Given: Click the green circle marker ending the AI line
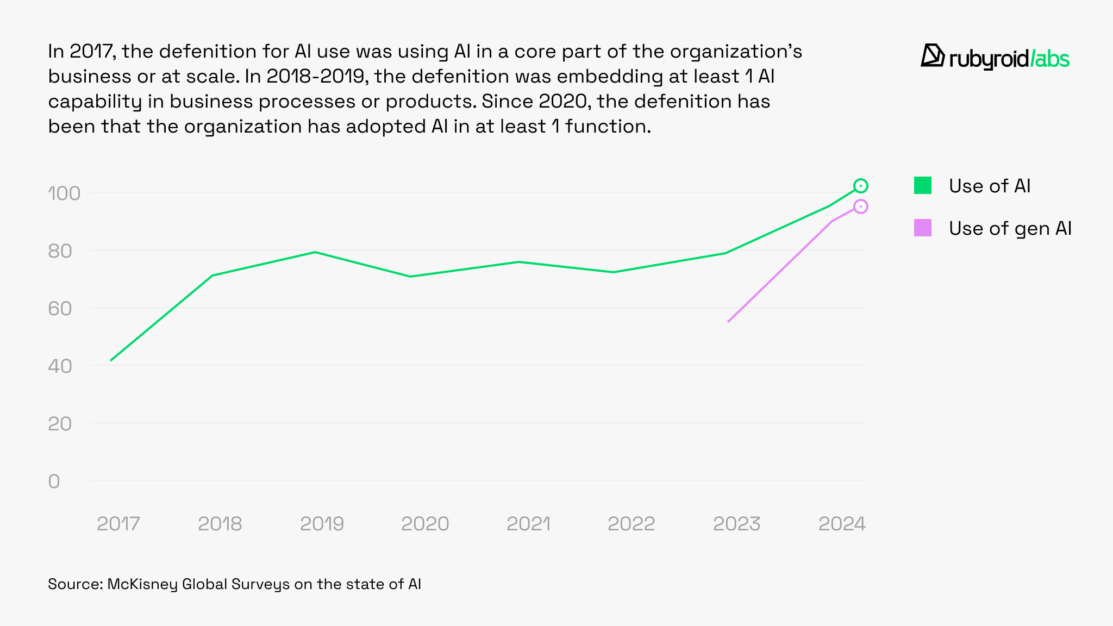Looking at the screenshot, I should point(860,186).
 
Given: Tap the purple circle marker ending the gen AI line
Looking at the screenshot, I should point(860,206).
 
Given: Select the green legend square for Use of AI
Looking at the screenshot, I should point(922,186).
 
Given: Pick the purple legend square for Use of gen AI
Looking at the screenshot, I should point(922,228).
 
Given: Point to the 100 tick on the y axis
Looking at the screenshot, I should point(64,193).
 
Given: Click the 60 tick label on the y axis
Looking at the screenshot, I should point(60,309).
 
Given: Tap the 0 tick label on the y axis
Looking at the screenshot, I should point(54,481).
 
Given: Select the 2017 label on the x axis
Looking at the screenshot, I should point(118,524).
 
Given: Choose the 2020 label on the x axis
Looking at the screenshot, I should point(425,524).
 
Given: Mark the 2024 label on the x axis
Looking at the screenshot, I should point(842,524).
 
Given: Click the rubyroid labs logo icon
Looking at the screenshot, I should point(933,56).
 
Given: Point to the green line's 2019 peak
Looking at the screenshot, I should point(315,252).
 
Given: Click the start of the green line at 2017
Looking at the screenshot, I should point(111,360).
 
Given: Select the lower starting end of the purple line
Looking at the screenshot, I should point(728,322).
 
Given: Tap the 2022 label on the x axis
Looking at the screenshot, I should point(631,524).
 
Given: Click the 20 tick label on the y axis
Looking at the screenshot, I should point(60,424).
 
